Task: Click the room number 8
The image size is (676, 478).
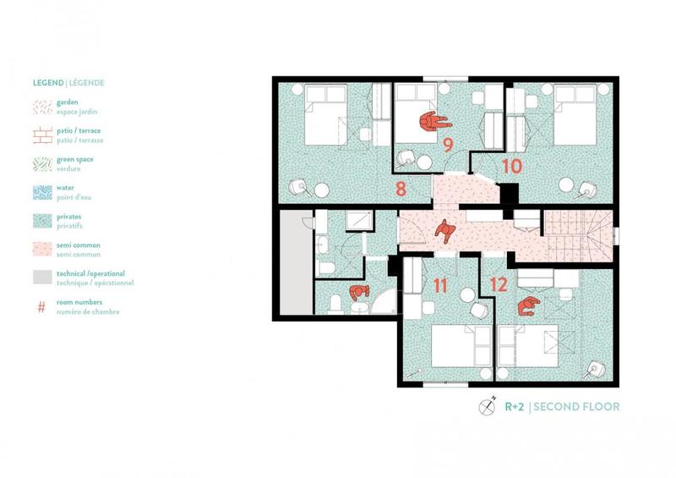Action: point(401,188)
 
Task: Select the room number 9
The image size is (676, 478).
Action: point(448,145)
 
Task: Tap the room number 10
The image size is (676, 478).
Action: point(511,166)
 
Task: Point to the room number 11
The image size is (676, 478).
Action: point(439,285)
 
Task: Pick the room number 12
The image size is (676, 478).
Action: point(499,285)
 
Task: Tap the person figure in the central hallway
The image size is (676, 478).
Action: point(444,229)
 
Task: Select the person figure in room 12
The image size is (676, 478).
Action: point(529,305)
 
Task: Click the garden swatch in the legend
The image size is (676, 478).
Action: point(41,107)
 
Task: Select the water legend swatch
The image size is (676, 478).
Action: point(41,193)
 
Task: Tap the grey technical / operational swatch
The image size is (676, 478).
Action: point(41,278)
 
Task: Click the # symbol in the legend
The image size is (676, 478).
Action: point(41,306)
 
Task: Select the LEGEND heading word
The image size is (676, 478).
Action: point(47,83)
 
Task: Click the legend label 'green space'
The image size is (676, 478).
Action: point(75,159)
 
